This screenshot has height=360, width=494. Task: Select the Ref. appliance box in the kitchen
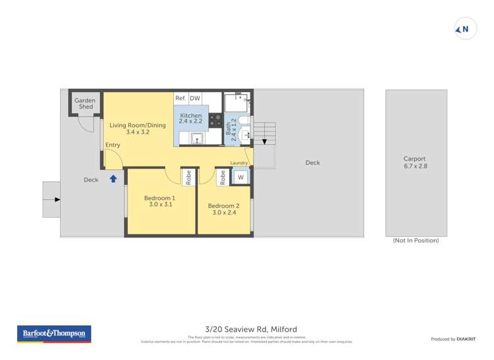(x=180, y=98)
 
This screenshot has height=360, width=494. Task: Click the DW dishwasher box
(x=195, y=98)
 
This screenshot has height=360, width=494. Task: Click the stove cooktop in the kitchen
(x=215, y=120)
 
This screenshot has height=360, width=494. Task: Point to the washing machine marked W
(x=240, y=177)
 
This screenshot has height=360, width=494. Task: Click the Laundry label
(x=238, y=163)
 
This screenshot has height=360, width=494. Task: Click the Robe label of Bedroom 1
(x=188, y=176)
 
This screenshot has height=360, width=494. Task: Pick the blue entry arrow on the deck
(x=113, y=178)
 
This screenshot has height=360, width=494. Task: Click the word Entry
(x=113, y=145)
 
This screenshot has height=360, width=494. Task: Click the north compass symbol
(x=464, y=29)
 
